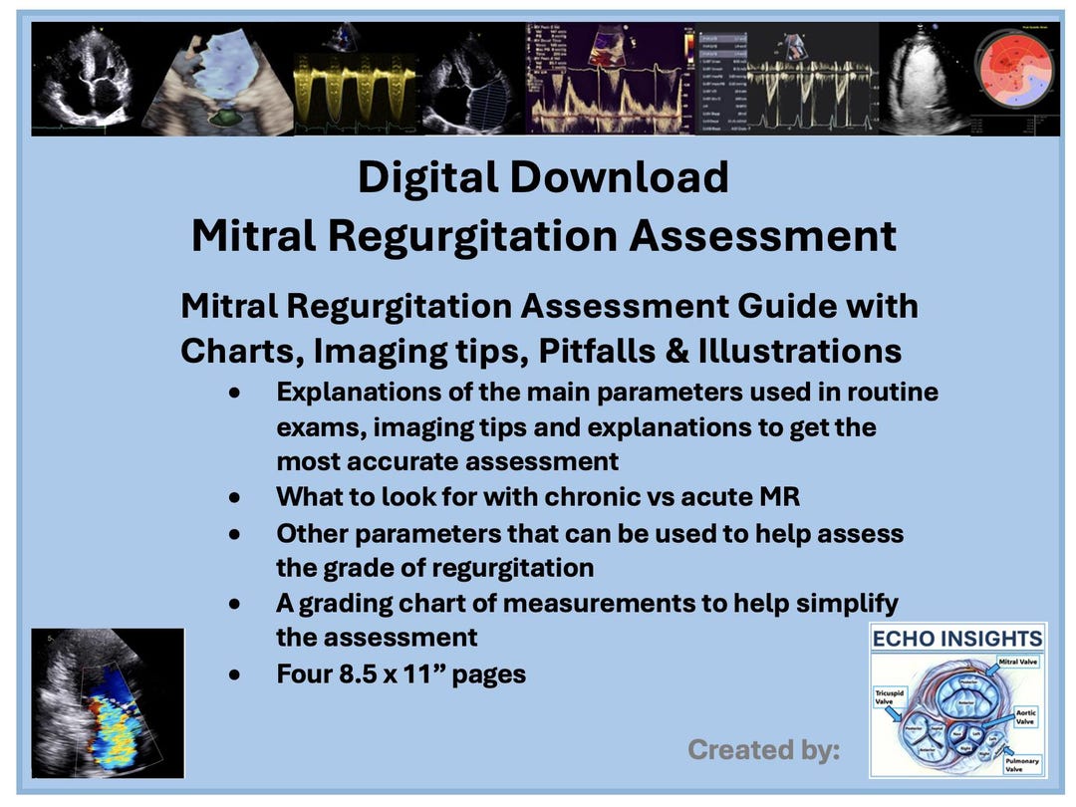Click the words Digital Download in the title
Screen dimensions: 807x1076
click(543, 178)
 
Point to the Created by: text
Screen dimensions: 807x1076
click(763, 749)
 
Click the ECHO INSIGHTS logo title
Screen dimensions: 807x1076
click(956, 639)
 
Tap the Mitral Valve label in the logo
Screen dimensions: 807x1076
click(1018, 662)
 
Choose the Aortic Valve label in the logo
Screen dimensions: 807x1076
click(1026, 718)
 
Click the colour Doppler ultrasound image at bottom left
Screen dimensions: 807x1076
click(108, 703)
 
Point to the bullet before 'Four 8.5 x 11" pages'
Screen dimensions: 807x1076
click(234, 675)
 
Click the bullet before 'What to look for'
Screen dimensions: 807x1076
click(234, 496)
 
